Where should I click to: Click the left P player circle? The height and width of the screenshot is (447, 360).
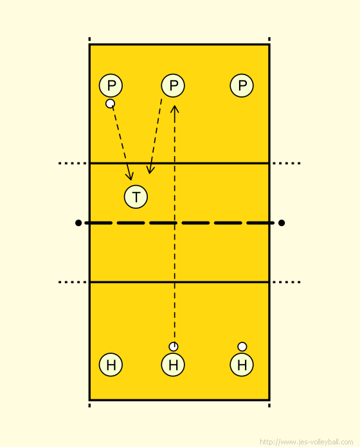[x=111, y=85]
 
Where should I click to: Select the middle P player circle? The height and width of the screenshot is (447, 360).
[x=173, y=85]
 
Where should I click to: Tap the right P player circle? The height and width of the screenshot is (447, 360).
[x=242, y=85]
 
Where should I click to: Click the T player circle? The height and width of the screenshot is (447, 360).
[x=136, y=197]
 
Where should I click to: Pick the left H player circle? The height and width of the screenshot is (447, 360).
[x=111, y=365]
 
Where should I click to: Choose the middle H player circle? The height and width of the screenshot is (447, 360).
[x=173, y=365]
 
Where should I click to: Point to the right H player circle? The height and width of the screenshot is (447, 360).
[x=242, y=365]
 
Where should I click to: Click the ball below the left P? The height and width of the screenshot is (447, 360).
[x=110, y=103]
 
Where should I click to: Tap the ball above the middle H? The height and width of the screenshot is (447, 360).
[x=174, y=347]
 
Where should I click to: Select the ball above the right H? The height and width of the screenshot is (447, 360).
[x=242, y=347]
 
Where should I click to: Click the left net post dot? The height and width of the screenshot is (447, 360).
[x=78, y=223]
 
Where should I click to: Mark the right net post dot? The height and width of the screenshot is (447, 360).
[x=282, y=223]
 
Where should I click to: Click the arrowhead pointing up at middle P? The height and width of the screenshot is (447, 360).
[x=175, y=109]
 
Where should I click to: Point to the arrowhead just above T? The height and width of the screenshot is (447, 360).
[x=130, y=176]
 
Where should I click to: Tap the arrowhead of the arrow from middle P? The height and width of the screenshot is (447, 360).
[x=150, y=170]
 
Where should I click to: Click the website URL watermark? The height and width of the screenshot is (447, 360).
[x=307, y=442]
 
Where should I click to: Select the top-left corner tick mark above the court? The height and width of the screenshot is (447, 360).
[x=89, y=39]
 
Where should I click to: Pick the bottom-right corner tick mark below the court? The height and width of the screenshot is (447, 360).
[x=269, y=405]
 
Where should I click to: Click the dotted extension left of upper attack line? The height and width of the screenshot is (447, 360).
[x=73, y=163]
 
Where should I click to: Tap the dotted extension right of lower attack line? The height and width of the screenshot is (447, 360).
[x=287, y=282]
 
